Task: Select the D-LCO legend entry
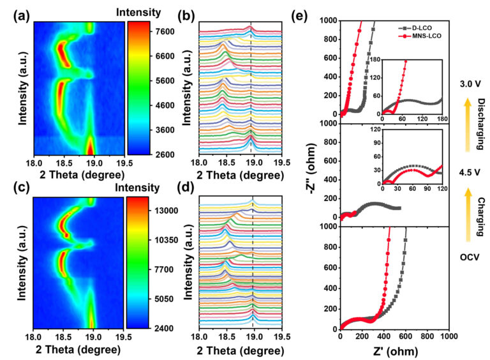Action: [419, 29]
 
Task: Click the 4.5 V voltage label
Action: [469, 172]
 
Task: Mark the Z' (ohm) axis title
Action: [393, 350]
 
